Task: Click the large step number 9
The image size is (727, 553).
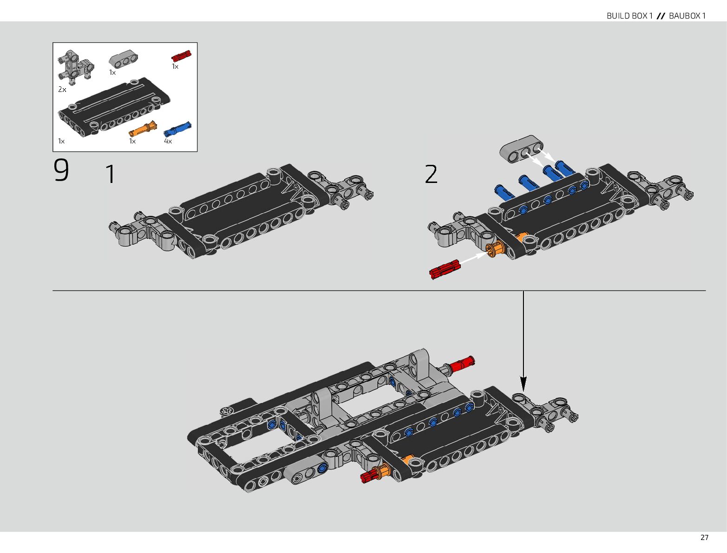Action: [61, 170]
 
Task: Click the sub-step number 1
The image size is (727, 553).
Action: [111, 175]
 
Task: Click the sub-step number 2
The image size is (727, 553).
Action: [431, 175]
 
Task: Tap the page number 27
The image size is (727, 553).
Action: [704, 538]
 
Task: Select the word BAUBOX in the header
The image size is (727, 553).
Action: [684, 16]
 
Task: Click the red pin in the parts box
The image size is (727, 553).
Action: [181, 56]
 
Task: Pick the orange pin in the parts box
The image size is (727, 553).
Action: [143, 129]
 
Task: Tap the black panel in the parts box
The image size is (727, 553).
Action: [113, 108]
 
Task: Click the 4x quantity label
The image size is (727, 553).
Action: [168, 141]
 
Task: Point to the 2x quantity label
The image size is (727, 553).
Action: [62, 90]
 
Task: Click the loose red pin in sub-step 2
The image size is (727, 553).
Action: [445, 269]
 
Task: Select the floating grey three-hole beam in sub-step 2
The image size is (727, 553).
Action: [521, 149]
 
